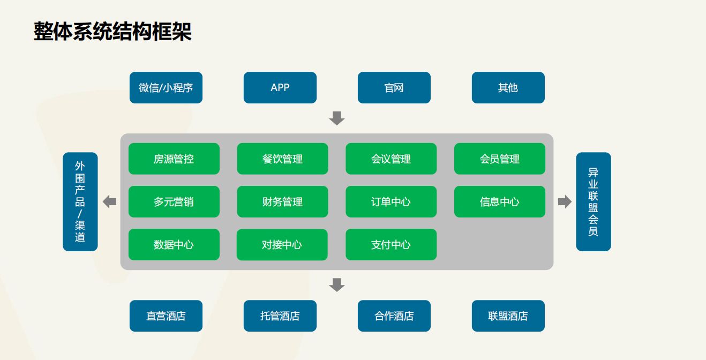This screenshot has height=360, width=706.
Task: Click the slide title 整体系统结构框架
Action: click(112, 31)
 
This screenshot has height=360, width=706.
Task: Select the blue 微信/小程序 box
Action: click(166, 88)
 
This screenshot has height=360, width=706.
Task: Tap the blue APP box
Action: click(280, 88)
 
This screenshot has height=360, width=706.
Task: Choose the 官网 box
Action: click(394, 88)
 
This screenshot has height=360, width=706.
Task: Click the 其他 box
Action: click(508, 88)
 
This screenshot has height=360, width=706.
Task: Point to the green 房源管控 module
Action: click(174, 159)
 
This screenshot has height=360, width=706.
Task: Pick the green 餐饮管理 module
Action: click(282, 159)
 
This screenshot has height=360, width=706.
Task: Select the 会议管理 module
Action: click(391, 159)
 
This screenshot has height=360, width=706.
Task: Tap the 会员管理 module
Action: click(500, 159)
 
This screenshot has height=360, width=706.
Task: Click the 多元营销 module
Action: click(174, 201)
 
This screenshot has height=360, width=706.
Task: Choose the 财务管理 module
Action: click(282, 201)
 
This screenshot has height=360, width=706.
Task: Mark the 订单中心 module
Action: click(391, 201)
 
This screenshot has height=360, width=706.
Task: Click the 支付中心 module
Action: click(391, 245)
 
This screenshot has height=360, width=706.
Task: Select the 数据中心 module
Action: click(174, 245)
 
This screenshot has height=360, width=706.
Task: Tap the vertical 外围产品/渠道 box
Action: click(80, 202)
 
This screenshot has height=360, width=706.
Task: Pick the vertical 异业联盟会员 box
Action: click(594, 202)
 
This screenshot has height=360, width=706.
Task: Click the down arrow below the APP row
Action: click(336, 118)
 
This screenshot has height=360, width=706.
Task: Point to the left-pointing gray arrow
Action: click(109, 202)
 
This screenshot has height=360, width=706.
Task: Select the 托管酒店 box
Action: click(280, 316)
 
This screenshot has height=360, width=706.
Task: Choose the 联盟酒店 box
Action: click(508, 316)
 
